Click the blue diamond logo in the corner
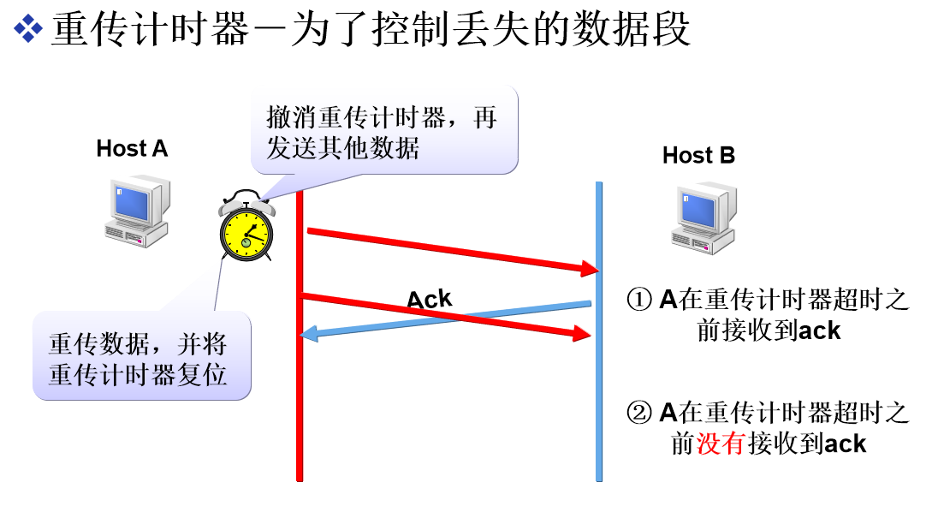[27, 28]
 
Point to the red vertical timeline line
[300, 411]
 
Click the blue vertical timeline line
[599, 411]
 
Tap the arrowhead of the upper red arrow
[589, 269]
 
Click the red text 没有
[721, 443]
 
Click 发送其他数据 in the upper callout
[342, 148]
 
